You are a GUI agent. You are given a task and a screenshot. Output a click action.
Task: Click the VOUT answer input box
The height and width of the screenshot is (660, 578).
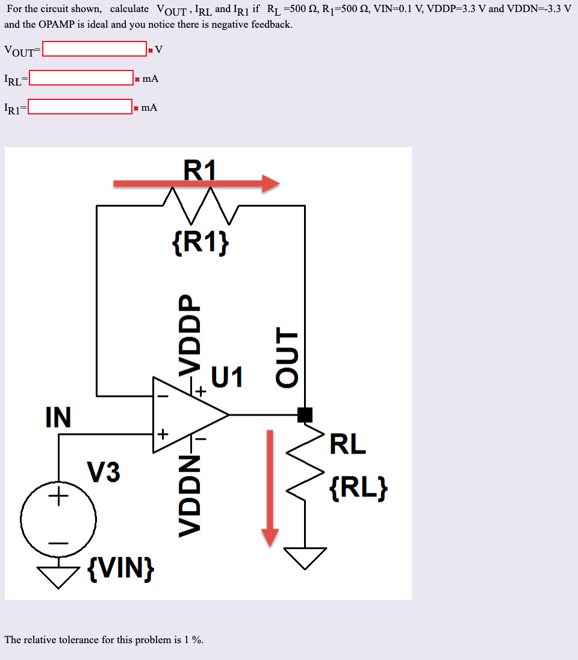pyautogui.click(x=95, y=49)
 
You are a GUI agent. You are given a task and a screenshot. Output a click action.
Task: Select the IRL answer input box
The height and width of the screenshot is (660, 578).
pyautogui.click(x=81, y=78)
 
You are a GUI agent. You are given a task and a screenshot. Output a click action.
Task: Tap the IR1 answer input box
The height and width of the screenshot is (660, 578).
pyautogui.click(x=80, y=107)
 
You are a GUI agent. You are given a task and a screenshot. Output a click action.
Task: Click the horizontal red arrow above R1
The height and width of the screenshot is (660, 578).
pyautogui.click(x=196, y=184)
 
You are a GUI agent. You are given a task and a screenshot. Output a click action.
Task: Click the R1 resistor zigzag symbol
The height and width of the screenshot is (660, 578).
pyautogui.click(x=201, y=201)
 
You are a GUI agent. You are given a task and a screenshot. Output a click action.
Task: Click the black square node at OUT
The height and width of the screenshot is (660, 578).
pyautogui.click(x=305, y=414)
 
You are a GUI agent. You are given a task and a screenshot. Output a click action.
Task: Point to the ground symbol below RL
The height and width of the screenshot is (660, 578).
pyautogui.click(x=305, y=557)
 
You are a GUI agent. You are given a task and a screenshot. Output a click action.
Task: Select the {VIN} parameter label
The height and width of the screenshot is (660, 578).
pyautogui.click(x=120, y=567)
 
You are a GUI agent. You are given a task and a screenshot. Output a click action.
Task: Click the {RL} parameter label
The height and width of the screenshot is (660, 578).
pyautogui.click(x=359, y=488)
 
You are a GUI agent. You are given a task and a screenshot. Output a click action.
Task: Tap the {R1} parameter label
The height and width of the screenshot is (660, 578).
pyautogui.click(x=200, y=241)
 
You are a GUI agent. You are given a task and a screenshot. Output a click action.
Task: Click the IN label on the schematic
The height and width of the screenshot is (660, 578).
pyautogui.click(x=58, y=417)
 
